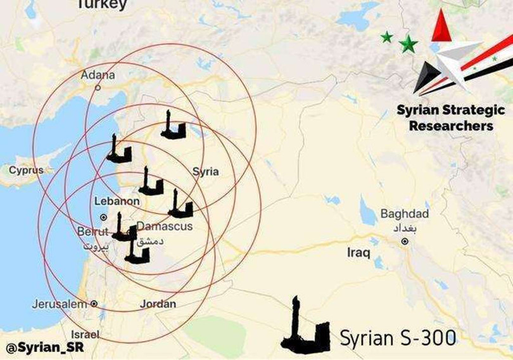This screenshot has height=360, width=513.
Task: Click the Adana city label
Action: click(x=98, y=75)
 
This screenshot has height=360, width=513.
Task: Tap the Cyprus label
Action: click(x=26, y=170)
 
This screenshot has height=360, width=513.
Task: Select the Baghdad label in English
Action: click(x=404, y=214)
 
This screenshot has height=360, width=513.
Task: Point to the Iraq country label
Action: click(x=358, y=252)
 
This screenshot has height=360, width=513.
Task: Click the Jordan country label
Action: click(x=158, y=304)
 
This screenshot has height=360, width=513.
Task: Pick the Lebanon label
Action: click(x=117, y=201)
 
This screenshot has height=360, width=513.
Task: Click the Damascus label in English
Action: click(x=165, y=226)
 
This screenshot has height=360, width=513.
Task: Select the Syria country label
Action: click(x=205, y=171)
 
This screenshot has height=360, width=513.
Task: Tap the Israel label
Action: click(x=85, y=334)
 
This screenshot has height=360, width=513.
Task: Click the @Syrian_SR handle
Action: click(x=44, y=348)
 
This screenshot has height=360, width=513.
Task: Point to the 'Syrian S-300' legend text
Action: click(x=398, y=338)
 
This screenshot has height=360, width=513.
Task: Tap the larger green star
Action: click(x=408, y=44)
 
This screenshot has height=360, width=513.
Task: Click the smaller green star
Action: click(x=386, y=37)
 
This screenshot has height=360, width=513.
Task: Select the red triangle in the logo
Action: click(x=441, y=27)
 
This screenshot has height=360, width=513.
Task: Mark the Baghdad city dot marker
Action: click(x=405, y=241)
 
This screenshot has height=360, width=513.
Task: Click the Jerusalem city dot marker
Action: click(x=94, y=304)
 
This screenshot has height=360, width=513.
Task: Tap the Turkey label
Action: click(x=101, y=4)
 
